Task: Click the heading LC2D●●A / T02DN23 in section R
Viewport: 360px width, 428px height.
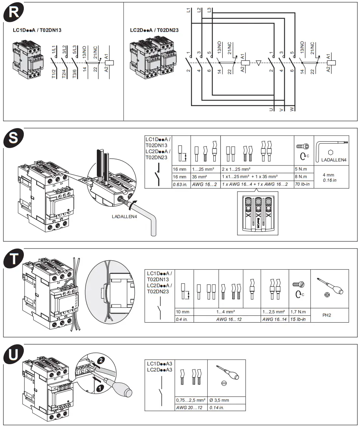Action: [154, 30]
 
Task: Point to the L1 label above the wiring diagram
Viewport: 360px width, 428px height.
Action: [189, 11]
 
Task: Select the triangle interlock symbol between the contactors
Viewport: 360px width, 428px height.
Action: [258, 63]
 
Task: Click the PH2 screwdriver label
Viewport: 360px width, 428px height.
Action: [326, 315]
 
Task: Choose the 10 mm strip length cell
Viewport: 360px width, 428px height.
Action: [183, 312]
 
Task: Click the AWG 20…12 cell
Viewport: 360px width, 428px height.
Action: [191, 407]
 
